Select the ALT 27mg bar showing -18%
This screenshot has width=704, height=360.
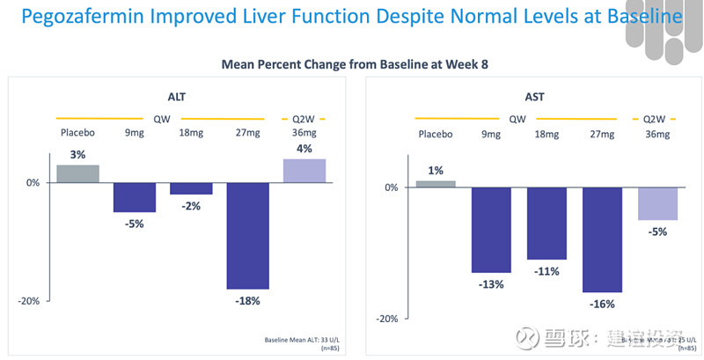pos(247,235)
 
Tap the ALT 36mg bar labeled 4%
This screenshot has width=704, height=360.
pos(304,171)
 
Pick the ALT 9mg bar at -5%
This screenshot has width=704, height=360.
pos(135,197)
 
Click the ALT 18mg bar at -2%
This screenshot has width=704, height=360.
pos(191,188)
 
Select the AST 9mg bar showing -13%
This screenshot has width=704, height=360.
pos(494,230)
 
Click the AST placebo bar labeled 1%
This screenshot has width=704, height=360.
pos(436,184)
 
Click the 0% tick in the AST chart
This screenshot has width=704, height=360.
pos(392,187)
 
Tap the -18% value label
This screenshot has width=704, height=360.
pos(247,300)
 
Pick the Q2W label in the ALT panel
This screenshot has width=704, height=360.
pos(304,118)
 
